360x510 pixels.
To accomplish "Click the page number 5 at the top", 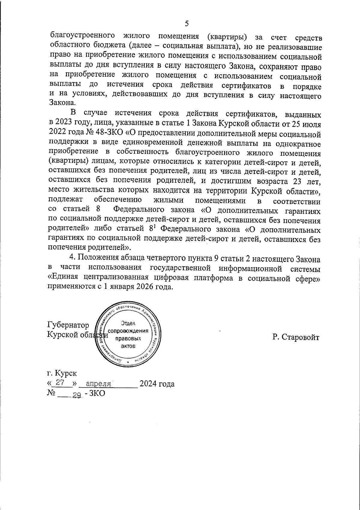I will (x=187, y=23).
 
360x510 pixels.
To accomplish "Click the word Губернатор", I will (x=68, y=325).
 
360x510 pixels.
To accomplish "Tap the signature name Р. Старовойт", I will (x=296, y=337).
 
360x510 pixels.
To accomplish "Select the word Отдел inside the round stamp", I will (x=128, y=323).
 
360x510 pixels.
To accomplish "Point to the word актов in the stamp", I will (x=128, y=346).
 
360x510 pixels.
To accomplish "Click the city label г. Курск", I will (x=62, y=373).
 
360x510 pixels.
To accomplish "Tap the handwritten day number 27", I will (x=61, y=383).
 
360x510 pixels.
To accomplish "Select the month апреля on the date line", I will (x=99, y=384).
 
